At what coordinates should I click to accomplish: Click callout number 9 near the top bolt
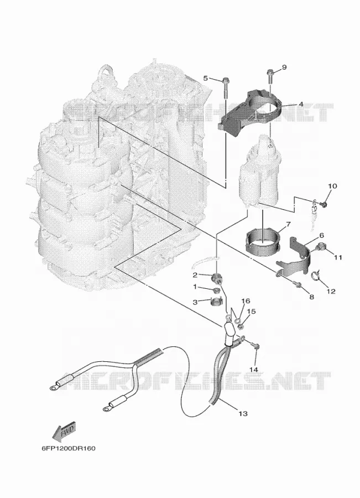[x=284, y=68]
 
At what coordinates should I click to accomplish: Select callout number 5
[x=205, y=78]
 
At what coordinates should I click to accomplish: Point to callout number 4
[x=300, y=104]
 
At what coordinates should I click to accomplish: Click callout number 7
[x=288, y=225]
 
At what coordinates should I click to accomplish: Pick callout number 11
[x=338, y=257]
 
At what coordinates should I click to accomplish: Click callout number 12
[x=331, y=291]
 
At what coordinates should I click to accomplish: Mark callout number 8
[x=311, y=297]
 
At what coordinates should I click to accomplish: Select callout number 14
[x=254, y=370]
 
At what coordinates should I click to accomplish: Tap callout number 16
[x=246, y=301]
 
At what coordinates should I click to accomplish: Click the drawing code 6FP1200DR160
[x=68, y=448]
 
